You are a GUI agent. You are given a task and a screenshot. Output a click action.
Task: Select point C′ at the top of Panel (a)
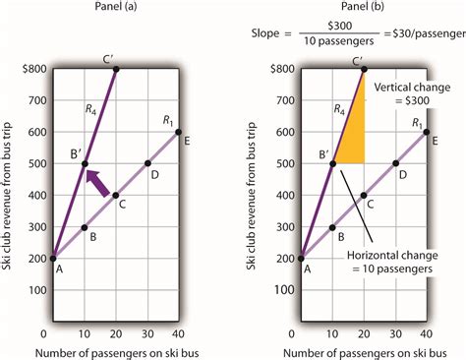pyautogui.click(x=117, y=69)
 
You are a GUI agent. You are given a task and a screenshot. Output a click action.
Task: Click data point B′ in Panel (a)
pyautogui.click(x=86, y=163)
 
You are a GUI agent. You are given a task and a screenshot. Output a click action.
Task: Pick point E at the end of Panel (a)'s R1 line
pyautogui.click(x=179, y=132)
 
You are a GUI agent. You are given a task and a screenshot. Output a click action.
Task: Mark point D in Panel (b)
pyautogui.click(x=393, y=163)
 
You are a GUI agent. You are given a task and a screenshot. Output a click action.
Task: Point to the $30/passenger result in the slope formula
pyautogui.click(x=426, y=38)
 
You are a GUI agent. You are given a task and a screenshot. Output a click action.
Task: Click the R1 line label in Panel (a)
pyautogui.click(x=167, y=119)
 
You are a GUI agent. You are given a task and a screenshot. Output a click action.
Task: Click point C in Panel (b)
pyautogui.click(x=363, y=196)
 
